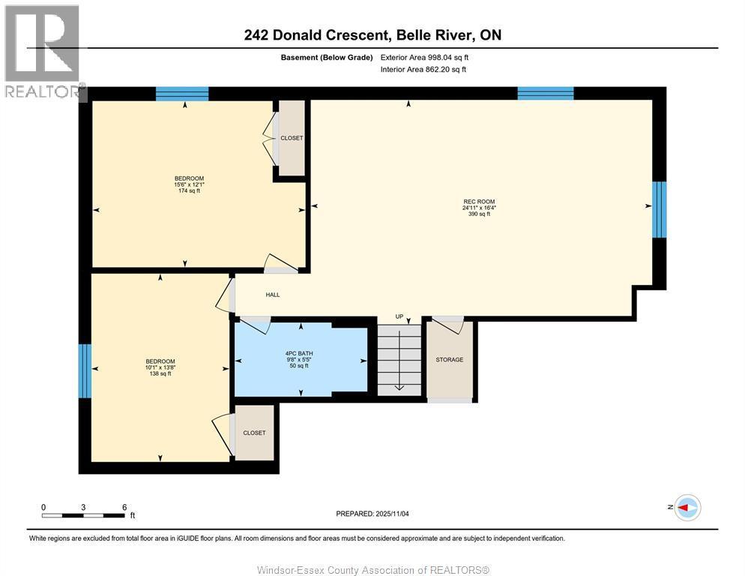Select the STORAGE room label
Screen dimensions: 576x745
(450, 360)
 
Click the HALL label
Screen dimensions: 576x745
(273, 295)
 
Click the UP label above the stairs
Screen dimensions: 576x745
(401, 316)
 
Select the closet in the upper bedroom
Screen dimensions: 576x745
(292, 139)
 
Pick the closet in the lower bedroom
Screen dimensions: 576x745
(254, 433)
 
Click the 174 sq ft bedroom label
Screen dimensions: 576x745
(189, 184)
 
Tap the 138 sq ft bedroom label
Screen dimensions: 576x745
(160, 367)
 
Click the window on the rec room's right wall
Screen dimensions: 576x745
(659, 209)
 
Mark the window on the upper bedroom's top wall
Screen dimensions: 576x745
(182, 94)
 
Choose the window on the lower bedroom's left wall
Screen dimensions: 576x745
(85, 370)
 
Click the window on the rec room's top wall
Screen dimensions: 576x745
(546, 94)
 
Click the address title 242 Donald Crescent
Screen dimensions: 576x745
(372, 34)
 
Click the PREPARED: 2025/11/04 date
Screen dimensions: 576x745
(372, 514)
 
